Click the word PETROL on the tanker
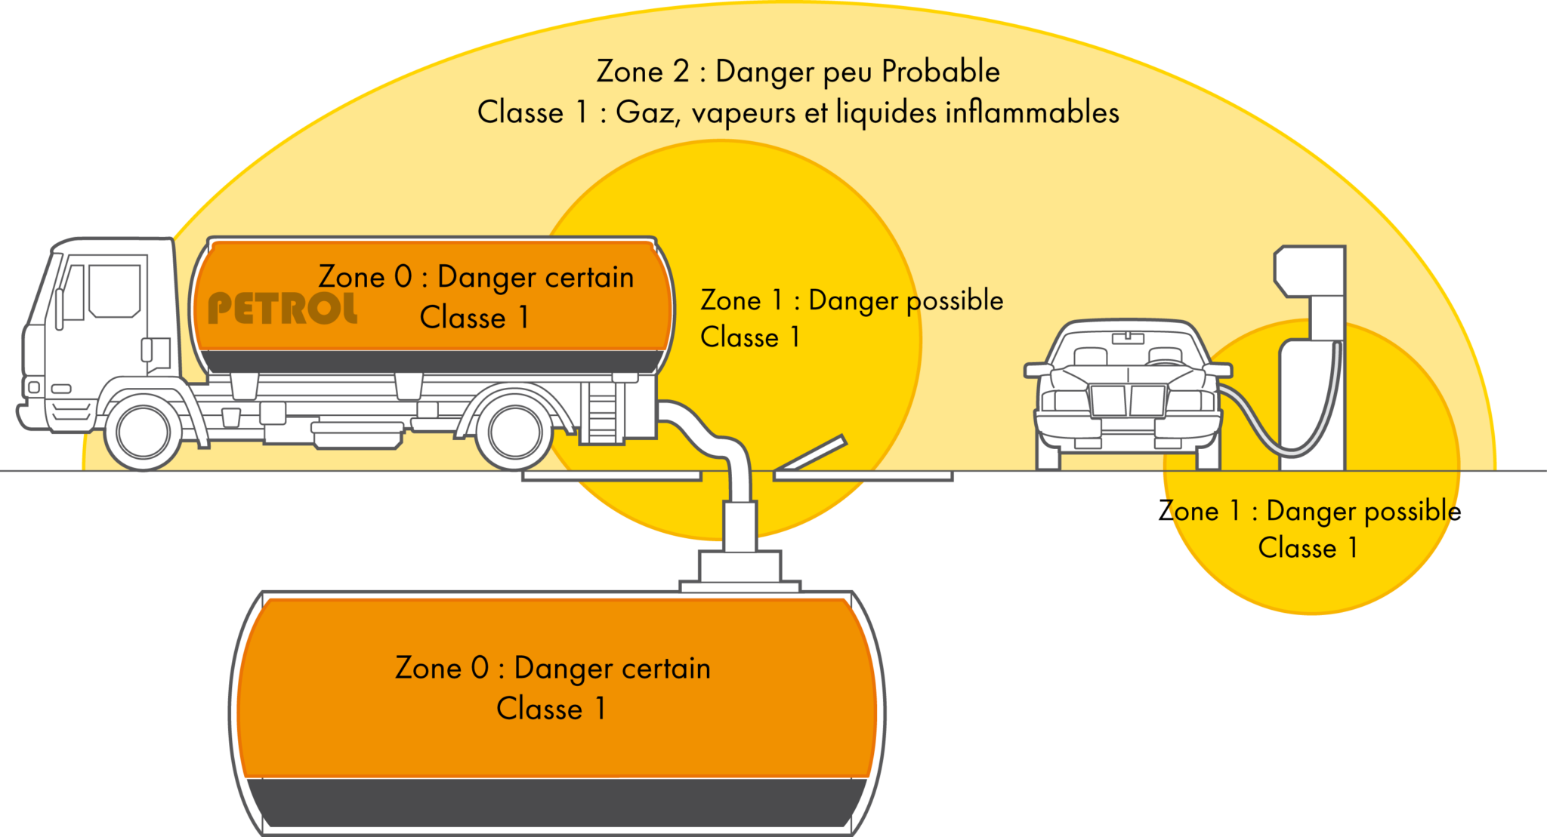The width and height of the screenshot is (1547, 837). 283,309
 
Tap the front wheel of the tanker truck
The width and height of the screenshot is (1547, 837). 143,433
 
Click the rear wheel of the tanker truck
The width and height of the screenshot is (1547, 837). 515,433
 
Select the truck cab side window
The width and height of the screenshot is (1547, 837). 114,291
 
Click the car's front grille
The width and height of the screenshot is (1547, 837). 1128,400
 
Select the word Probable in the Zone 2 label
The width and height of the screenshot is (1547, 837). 940,72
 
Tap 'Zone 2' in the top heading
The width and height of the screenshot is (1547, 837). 643,72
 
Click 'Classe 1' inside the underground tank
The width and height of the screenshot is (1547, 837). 551,709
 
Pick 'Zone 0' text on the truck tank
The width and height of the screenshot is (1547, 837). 365,277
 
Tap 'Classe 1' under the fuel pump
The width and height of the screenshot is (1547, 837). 1308,548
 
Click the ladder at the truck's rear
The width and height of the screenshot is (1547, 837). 602,415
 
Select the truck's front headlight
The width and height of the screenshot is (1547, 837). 33,387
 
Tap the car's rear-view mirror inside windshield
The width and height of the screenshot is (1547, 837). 1127,338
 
